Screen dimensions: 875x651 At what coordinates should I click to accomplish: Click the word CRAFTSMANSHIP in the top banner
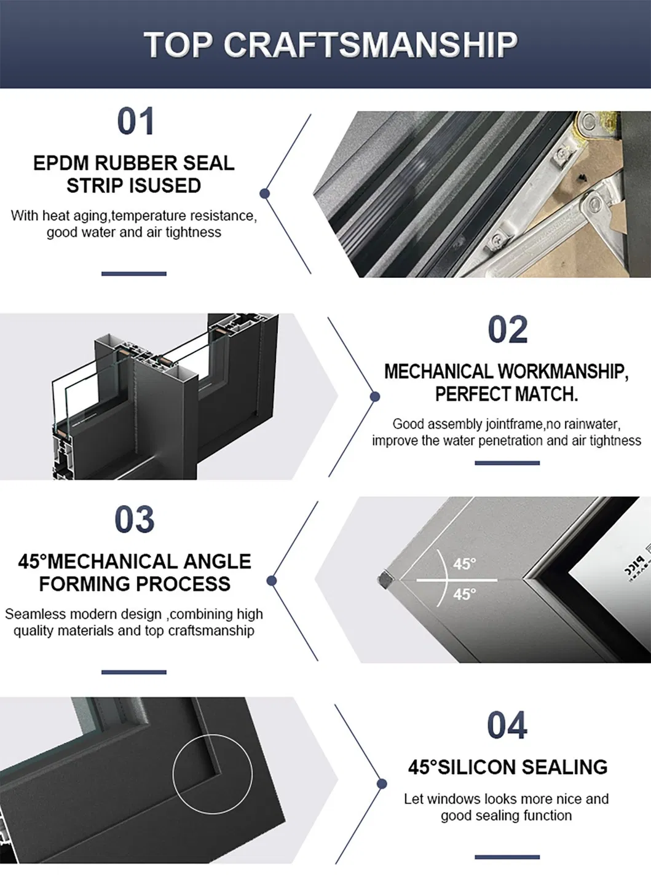tap(371, 45)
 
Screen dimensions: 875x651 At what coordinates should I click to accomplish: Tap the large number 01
tap(135, 122)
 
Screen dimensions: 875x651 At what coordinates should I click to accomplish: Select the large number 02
tap(508, 330)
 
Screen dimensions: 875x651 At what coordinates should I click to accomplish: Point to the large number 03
tap(134, 520)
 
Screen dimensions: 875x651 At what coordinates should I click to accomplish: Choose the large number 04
tap(507, 725)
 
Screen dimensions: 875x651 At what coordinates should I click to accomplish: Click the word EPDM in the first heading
tap(61, 163)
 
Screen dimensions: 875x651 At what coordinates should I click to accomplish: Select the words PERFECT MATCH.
tap(507, 394)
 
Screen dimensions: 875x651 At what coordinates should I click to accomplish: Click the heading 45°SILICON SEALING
tap(508, 767)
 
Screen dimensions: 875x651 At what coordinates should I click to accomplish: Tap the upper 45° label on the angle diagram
tap(464, 564)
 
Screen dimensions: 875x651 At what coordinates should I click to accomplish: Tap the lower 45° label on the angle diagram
tap(464, 594)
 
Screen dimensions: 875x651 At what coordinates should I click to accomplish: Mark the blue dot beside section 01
tap(265, 194)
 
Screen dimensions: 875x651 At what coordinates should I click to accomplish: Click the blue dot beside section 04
tap(382, 784)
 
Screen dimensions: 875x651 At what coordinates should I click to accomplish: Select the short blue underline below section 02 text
tap(507, 463)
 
